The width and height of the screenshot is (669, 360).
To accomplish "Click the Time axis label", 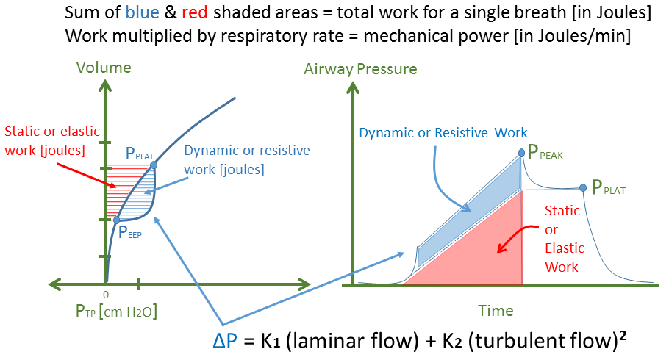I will coord(496,311).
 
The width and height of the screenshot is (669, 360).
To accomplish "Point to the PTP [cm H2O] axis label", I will coord(116,312).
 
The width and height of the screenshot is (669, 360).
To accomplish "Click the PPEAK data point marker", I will coord(522,152).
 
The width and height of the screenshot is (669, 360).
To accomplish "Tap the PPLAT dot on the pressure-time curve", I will coord(583,187).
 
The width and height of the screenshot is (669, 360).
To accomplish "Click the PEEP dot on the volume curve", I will coord(117,219).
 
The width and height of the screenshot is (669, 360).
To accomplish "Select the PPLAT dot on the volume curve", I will coord(153,165).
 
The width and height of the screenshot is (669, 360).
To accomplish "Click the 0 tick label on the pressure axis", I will coord(106,294).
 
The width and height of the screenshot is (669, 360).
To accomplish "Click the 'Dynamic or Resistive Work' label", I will coord(443,132).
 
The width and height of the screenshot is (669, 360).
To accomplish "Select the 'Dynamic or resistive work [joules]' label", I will coord(223,159).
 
